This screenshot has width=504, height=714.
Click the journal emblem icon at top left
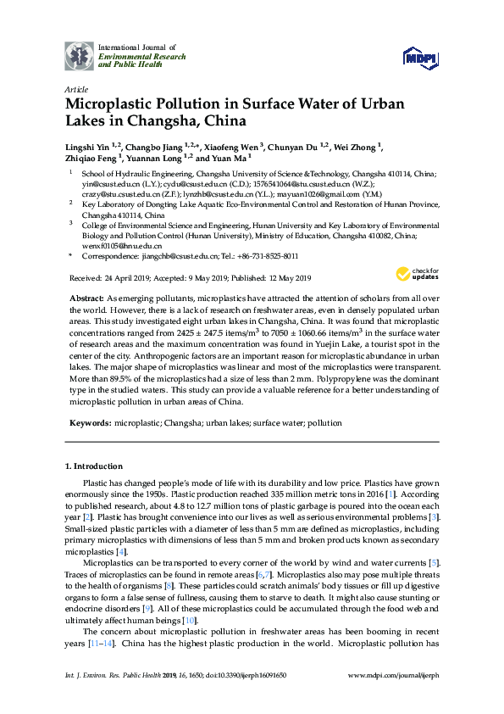click(x=80, y=55)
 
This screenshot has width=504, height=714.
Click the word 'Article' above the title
click(x=76, y=87)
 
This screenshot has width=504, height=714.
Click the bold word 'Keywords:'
click(x=91, y=422)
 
